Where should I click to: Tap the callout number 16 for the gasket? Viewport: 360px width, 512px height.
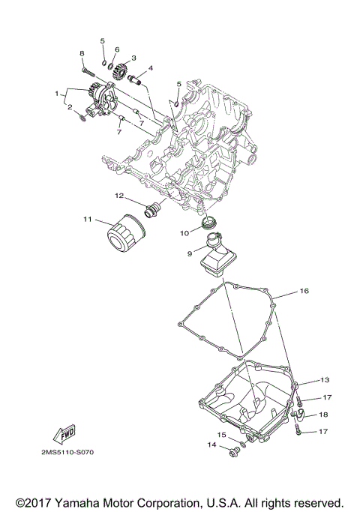pos(304,290)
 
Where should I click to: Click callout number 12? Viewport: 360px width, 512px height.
pos(118,196)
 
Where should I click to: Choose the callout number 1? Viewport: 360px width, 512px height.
pos(56,94)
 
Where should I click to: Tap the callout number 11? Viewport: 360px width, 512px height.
pos(87,219)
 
